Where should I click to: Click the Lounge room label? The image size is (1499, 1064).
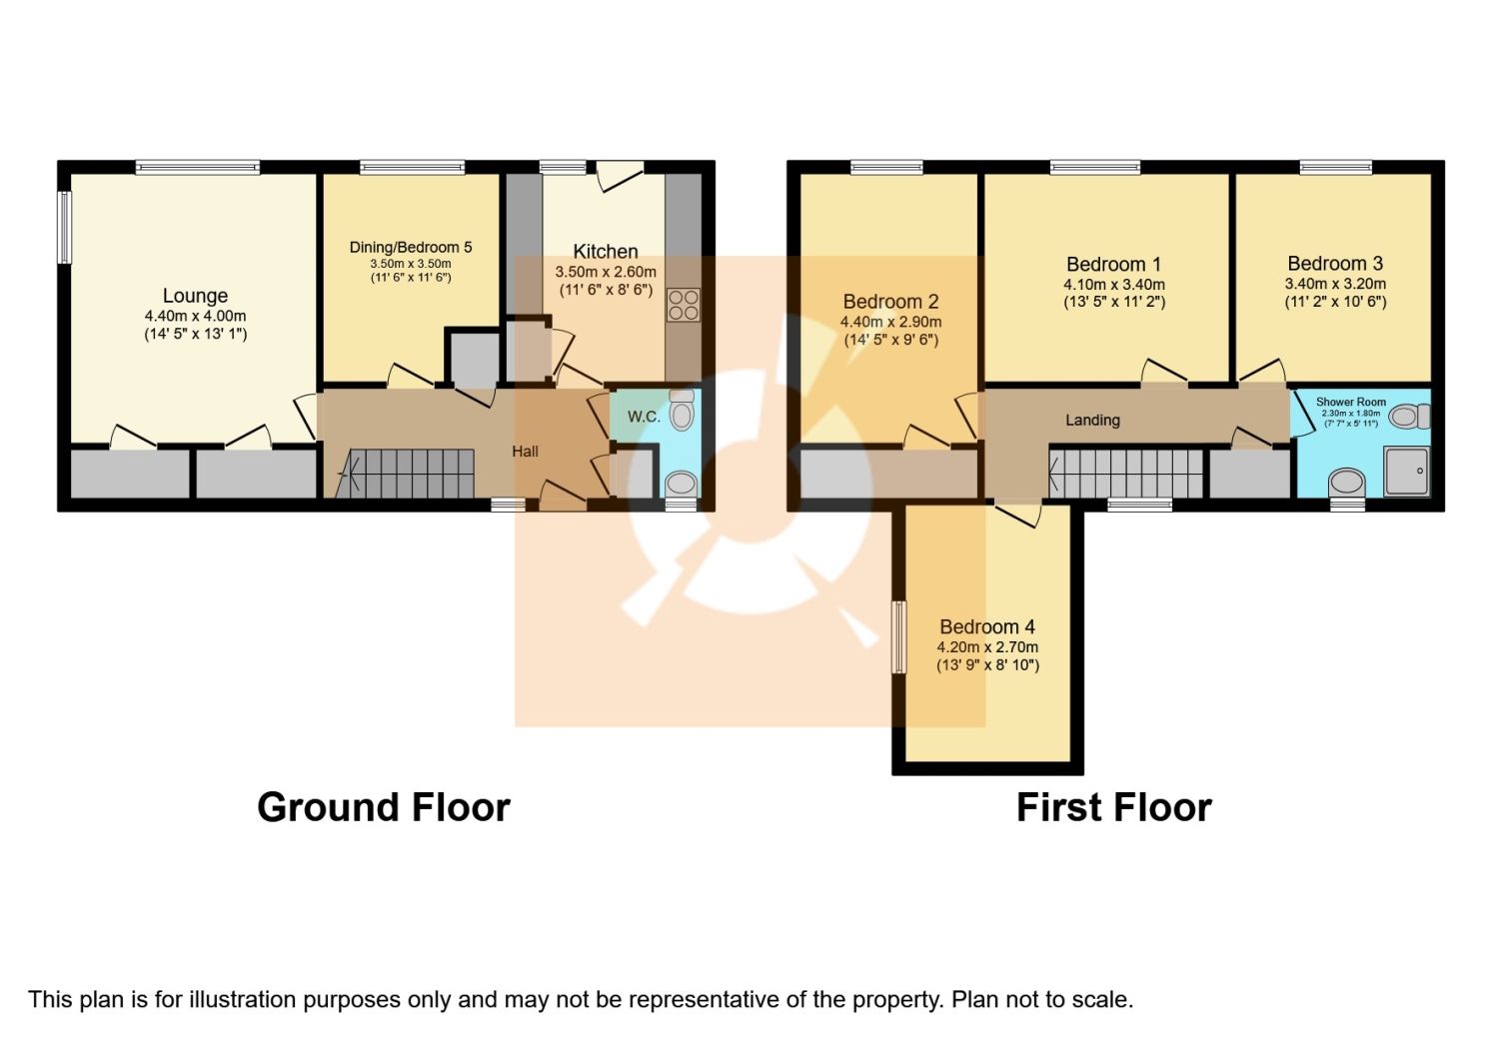195,296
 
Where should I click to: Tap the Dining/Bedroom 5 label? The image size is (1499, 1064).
410,247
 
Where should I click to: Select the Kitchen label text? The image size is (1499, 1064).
606,252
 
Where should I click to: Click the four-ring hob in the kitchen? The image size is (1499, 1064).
684,305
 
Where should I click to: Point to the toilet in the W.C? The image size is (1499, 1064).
682,410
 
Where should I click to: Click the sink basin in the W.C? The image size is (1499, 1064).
682,484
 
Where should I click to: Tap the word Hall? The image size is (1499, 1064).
525,452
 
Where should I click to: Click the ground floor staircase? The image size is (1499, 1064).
410,473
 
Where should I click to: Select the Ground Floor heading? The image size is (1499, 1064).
383,807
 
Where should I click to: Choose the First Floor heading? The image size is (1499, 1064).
1113,807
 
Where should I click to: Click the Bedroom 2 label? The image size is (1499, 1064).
890,302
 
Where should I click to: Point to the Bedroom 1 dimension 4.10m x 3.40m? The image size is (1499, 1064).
1113,285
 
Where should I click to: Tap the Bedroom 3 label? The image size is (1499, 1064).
1335,264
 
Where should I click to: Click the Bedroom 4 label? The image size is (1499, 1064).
987,627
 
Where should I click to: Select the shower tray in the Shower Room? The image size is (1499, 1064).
1407,471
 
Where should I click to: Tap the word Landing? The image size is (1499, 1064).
1092,421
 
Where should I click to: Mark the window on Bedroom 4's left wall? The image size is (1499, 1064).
898,636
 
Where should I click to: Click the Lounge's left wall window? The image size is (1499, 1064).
65,227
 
